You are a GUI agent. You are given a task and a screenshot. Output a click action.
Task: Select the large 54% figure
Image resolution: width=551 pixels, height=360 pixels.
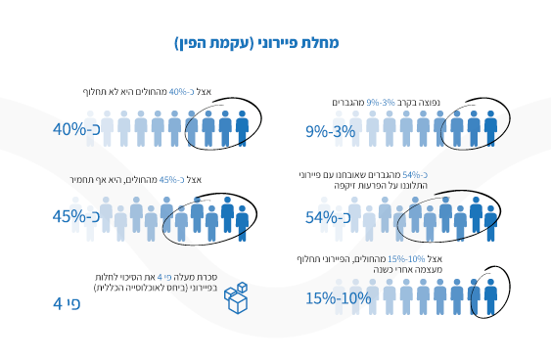tap(328, 216)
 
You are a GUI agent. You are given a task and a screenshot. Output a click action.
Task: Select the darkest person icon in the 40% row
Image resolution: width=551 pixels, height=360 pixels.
tap(243, 128)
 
